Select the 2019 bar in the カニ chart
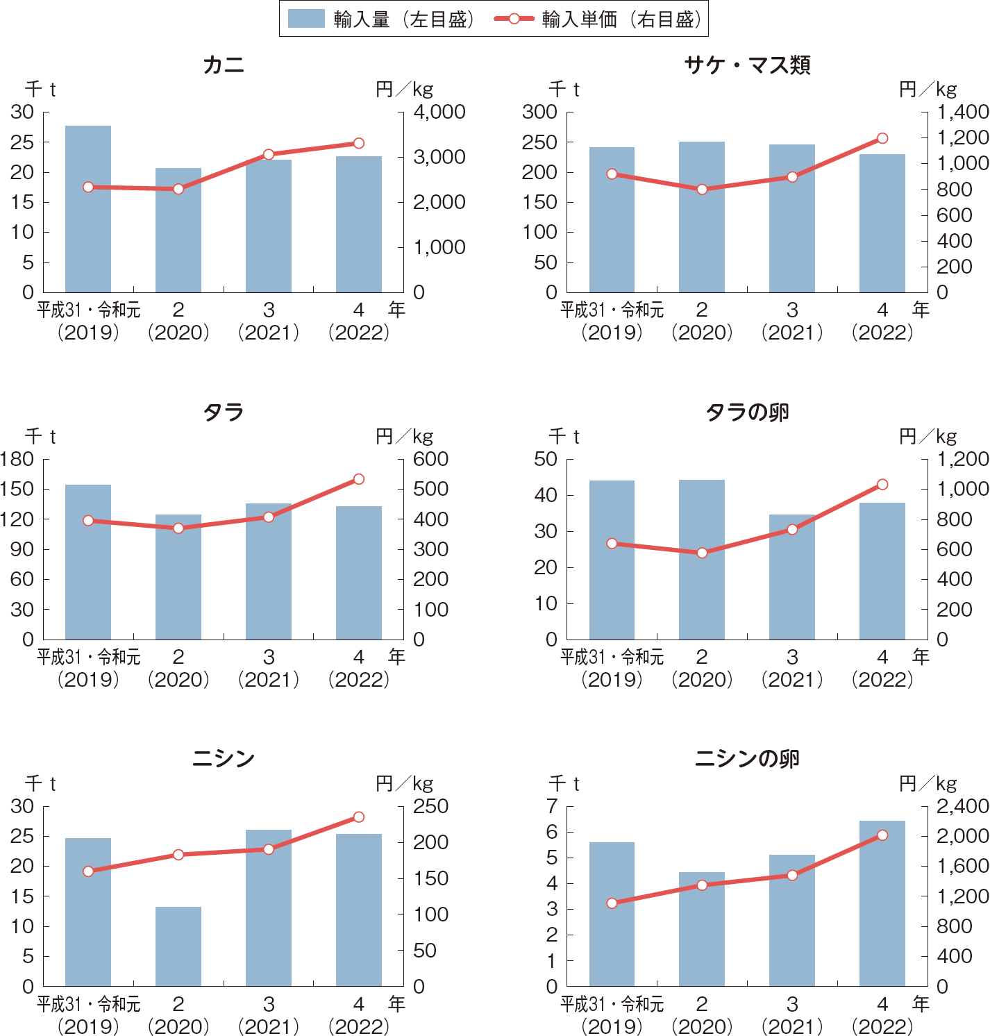(x=88, y=208)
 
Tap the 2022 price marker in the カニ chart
(x=359, y=143)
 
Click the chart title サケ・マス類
(x=747, y=65)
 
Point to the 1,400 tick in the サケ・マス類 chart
(x=962, y=112)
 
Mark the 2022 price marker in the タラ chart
(x=359, y=479)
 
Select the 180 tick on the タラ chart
(x=18, y=459)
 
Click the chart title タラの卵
(x=747, y=412)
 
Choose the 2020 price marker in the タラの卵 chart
(x=702, y=553)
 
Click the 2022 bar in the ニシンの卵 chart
(x=882, y=903)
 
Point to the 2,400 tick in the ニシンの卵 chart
(x=962, y=806)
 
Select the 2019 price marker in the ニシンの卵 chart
(x=612, y=903)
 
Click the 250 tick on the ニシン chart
(x=430, y=806)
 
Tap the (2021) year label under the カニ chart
(x=269, y=332)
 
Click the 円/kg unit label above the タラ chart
(x=404, y=436)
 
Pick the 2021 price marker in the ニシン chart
(x=269, y=849)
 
